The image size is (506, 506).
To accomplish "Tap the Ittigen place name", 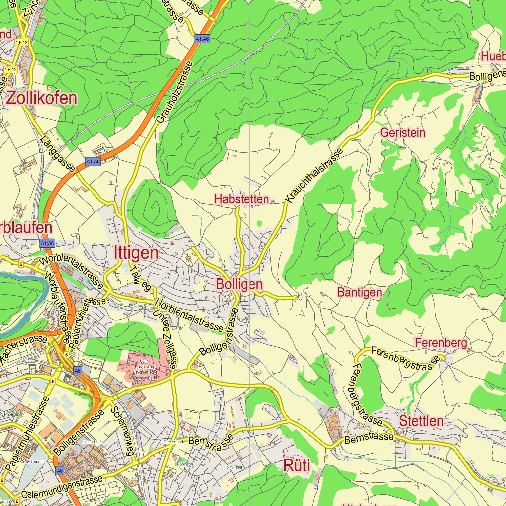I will click(x=136, y=253).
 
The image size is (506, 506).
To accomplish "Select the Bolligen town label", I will click(x=239, y=284).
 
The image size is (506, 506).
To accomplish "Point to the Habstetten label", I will click(x=241, y=199).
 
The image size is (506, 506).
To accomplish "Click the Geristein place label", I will click(x=403, y=133).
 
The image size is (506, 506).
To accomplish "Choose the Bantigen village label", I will click(x=359, y=292).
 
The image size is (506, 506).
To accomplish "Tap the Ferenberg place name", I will click(x=441, y=343).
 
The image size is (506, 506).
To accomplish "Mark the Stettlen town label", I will click(x=421, y=421).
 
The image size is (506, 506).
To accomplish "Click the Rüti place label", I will click(x=297, y=466).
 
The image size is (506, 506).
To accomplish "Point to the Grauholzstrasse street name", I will click(x=175, y=92).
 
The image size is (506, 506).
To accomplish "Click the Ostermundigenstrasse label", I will click(x=62, y=487).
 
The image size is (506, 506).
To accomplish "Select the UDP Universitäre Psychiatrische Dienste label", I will click(x=145, y=370).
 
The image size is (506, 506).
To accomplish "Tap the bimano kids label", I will click(x=92, y=442).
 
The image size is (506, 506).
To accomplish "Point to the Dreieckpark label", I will click(x=174, y=442).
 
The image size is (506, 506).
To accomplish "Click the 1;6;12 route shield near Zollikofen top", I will click(x=22, y=43).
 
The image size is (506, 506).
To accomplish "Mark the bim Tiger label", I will click(x=235, y=467).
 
